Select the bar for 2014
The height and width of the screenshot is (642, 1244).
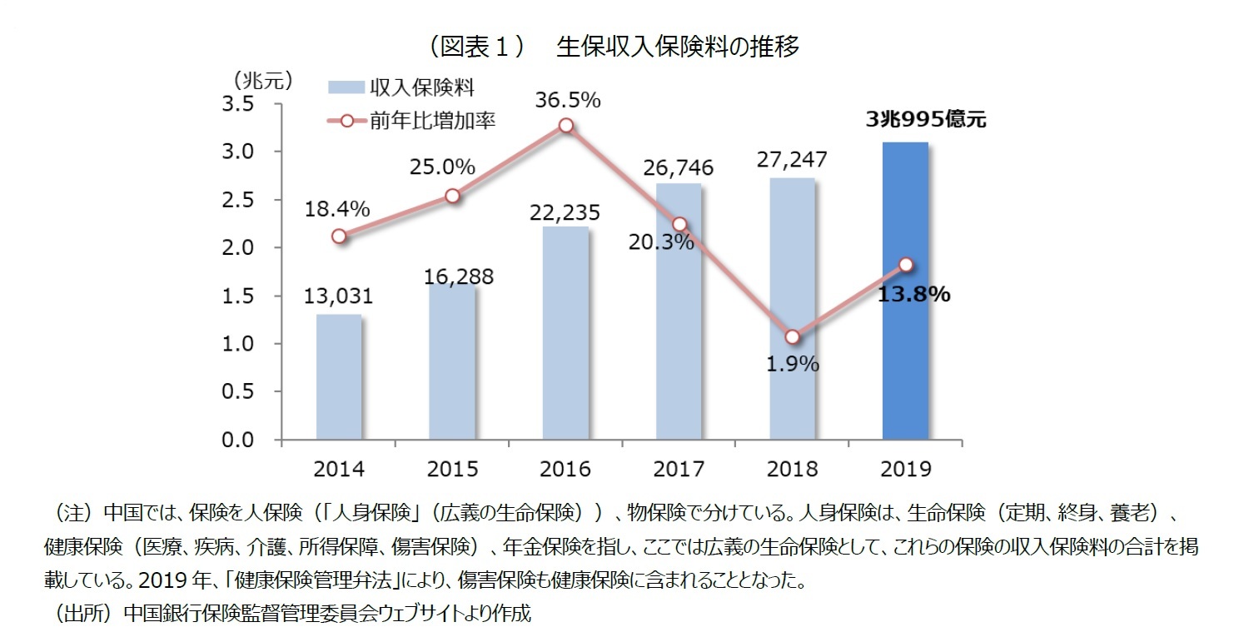[339, 376]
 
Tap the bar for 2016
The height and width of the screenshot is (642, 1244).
[565, 333]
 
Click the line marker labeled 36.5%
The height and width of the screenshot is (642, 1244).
[566, 126]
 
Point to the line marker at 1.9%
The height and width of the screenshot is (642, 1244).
[793, 336]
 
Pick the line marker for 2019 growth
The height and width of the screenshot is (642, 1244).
[906, 265]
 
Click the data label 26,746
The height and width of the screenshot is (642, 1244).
[678, 168]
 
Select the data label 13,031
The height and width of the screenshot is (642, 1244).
[338, 296]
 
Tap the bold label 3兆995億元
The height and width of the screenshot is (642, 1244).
[925, 120]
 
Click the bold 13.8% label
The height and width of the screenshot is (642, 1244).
[913, 295]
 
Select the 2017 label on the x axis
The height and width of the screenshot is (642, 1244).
[679, 468]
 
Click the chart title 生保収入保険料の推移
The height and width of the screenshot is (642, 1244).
[677, 47]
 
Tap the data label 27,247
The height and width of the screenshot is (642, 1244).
[791, 160]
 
